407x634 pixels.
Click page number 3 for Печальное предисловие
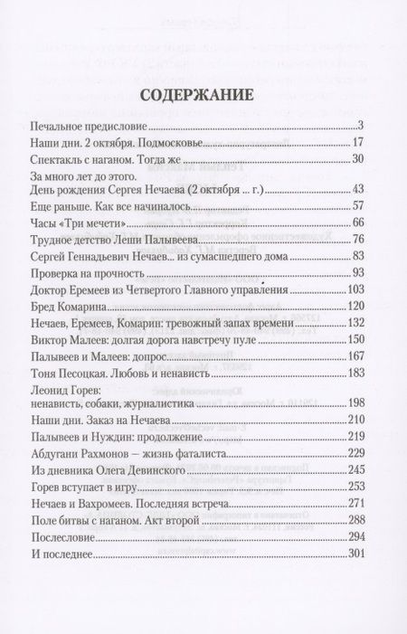(x=358, y=125)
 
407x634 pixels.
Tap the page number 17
(x=355, y=142)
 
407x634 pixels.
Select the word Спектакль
(x=80, y=159)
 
